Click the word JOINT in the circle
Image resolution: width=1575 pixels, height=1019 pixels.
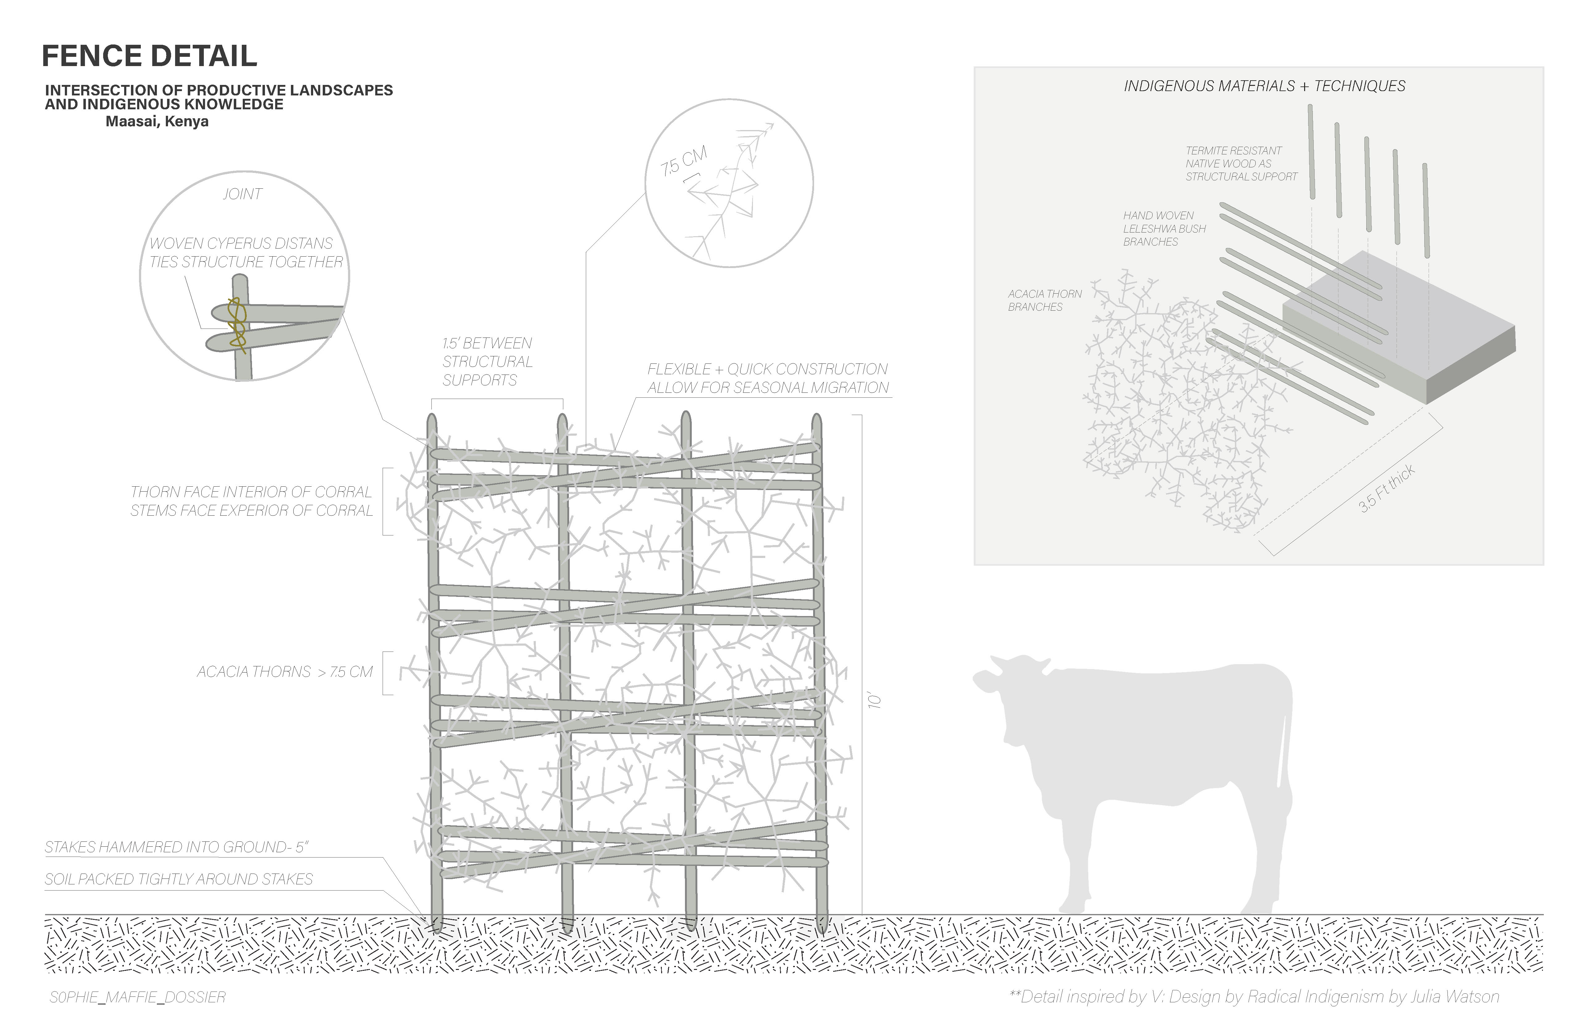point(242,194)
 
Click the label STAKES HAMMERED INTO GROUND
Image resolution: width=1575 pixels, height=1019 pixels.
point(177,847)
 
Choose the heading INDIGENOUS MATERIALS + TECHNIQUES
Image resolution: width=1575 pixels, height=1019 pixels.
point(1264,86)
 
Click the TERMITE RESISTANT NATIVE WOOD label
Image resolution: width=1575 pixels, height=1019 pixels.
point(1241,163)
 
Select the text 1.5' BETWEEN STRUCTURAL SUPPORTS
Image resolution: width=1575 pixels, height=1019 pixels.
point(487,361)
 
